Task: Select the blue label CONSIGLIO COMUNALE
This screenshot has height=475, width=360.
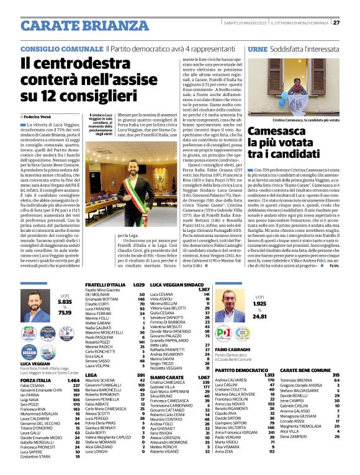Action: pyautogui.click(x=61, y=48)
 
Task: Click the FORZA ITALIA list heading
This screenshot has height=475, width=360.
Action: pyautogui.click(x=36, y=380)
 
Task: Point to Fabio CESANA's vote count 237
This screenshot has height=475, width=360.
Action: pyautogui.click(x=76, y=385)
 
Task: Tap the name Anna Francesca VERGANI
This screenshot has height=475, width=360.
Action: pyautogui.click(x=235, y=449)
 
